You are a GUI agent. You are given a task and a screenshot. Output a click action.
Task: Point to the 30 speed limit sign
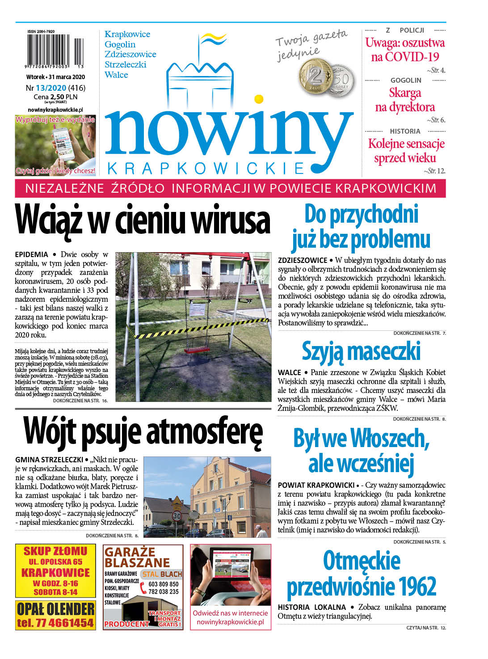(177, 516)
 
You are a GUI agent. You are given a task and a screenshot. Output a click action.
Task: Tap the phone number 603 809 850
(163, 584)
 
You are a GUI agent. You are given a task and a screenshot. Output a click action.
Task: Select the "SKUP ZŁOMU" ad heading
(55, 551)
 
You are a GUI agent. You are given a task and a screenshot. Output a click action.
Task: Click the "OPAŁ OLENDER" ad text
(55, 609)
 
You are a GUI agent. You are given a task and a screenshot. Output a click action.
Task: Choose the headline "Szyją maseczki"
(361, 351)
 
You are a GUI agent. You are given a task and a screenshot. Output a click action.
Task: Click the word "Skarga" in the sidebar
(405, 93)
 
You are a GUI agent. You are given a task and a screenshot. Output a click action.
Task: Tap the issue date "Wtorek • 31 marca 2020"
(55, 77)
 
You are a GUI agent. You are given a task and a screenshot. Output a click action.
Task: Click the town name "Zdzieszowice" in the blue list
(130, 54)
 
